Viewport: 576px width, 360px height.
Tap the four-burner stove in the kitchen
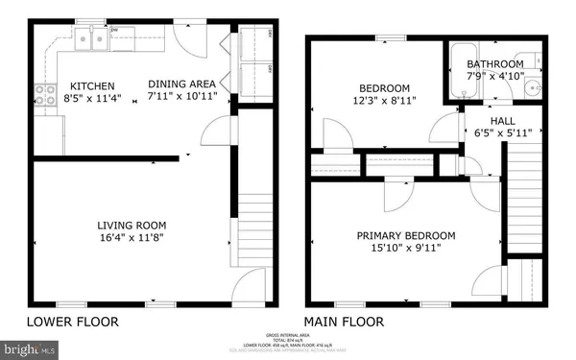(44, 95)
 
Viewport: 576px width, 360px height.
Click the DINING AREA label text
(180, 84)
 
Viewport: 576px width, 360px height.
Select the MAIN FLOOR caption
(344, 322)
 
